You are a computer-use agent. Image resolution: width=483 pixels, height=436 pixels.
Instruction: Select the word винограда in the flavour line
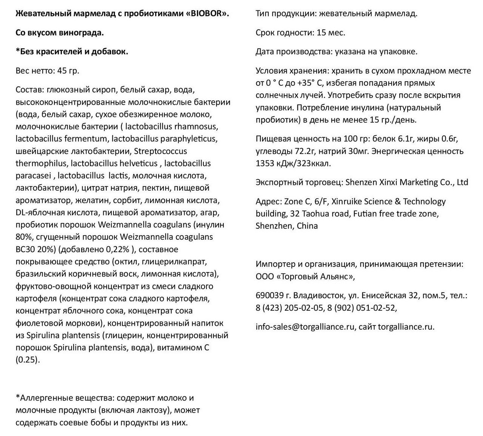[82, 33]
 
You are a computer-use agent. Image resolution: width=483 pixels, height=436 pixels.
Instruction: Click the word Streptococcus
[160, 151]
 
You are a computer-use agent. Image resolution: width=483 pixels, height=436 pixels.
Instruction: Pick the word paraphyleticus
[189, 139]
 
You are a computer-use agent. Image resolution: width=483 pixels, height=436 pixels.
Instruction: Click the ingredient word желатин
[90, 200]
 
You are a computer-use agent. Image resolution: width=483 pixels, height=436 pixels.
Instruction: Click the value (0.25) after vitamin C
[27, 360]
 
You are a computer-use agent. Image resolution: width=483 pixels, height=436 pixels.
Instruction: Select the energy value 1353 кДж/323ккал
[293, 163]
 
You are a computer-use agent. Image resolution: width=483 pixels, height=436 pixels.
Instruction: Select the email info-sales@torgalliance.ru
[305, 327]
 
